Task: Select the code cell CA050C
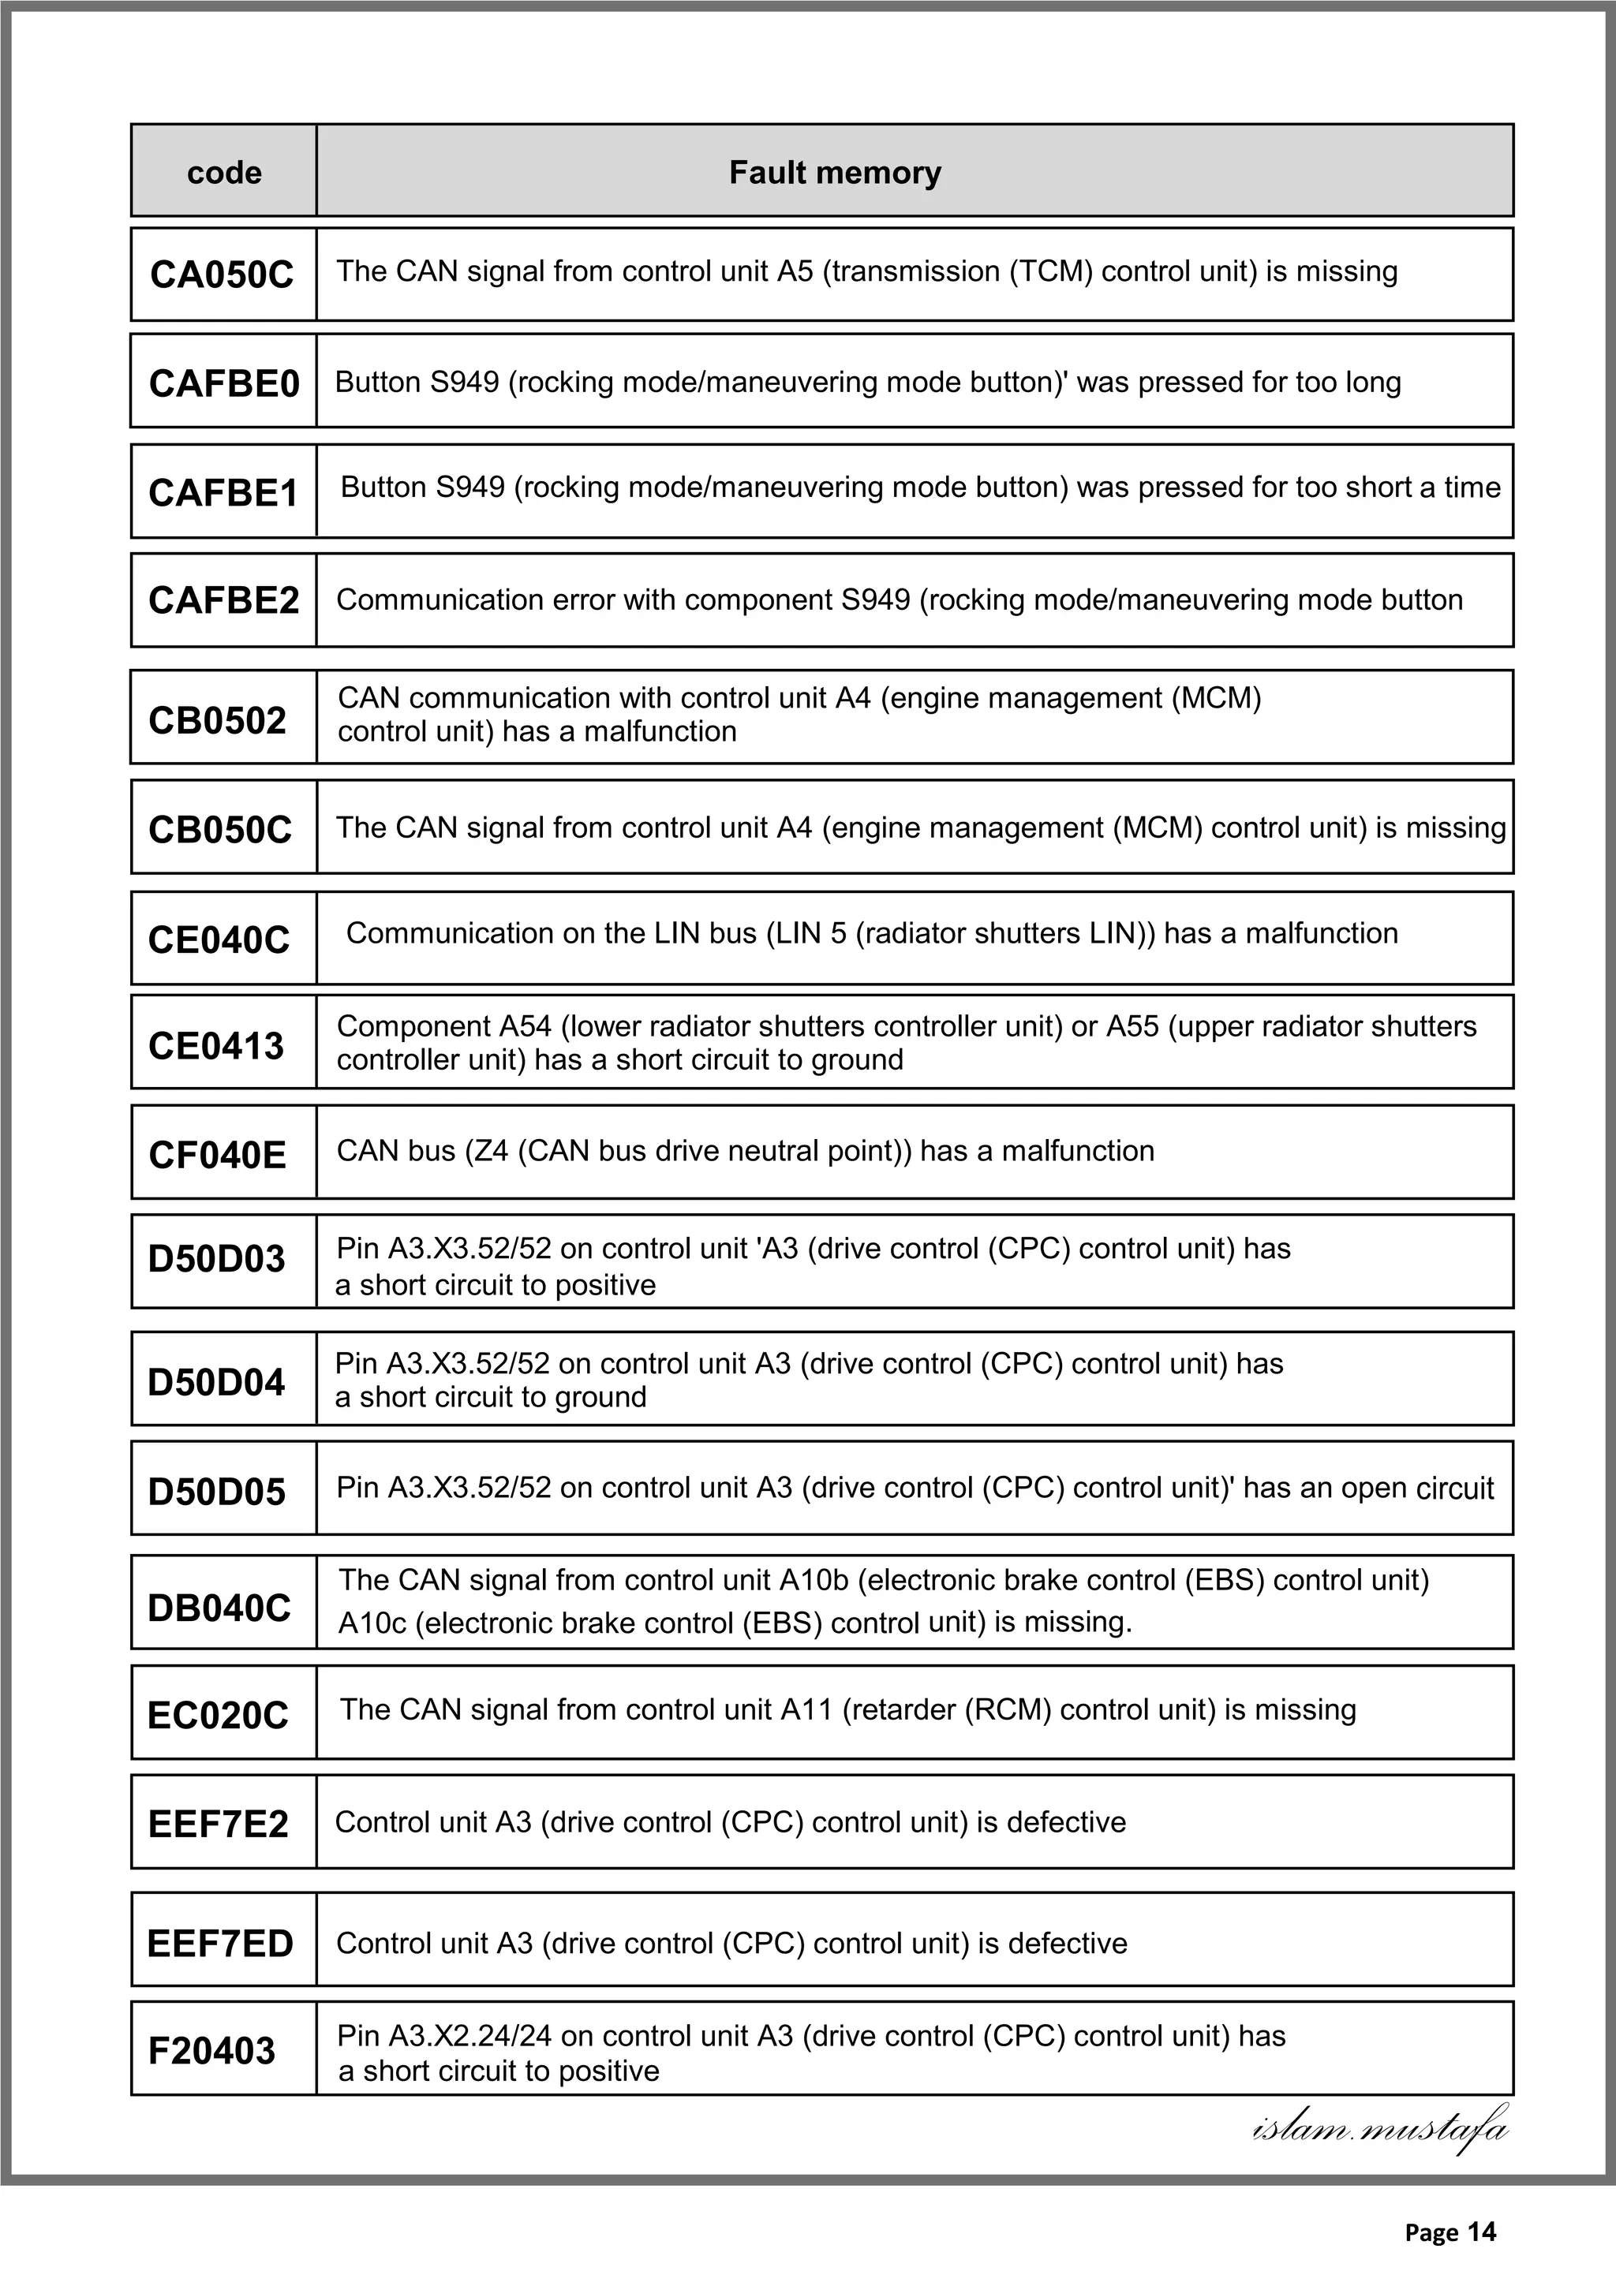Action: click(x=222, y=275)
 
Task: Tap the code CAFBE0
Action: click(x=224, y=383)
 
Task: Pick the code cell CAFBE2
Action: click(x=224, y=600)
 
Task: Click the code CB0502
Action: click(x=217, y=720)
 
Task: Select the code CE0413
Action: click(x=216, y=1045)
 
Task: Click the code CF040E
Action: click(x=217, y=1155)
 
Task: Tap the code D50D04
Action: click(x=216, y=1382)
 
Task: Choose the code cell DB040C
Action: click(x=219, y=1608)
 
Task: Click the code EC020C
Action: click(x=218, y=1716)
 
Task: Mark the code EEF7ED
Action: click(x=220, y=1944)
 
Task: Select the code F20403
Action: click(x=211, y=2050)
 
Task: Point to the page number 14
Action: click(x=1482, y=2232)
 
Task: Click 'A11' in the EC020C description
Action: click(x=806, y=1709)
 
